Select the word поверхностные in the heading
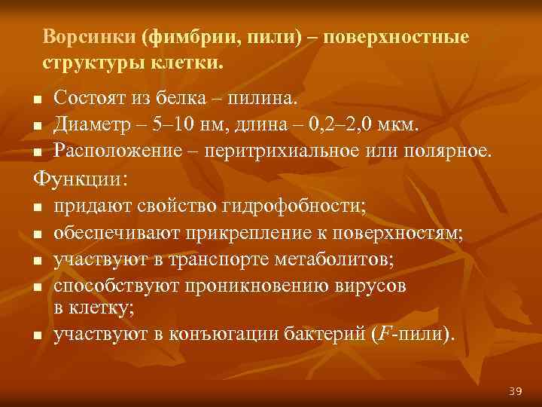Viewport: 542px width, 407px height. pyautogui.click(x=411, y=37)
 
